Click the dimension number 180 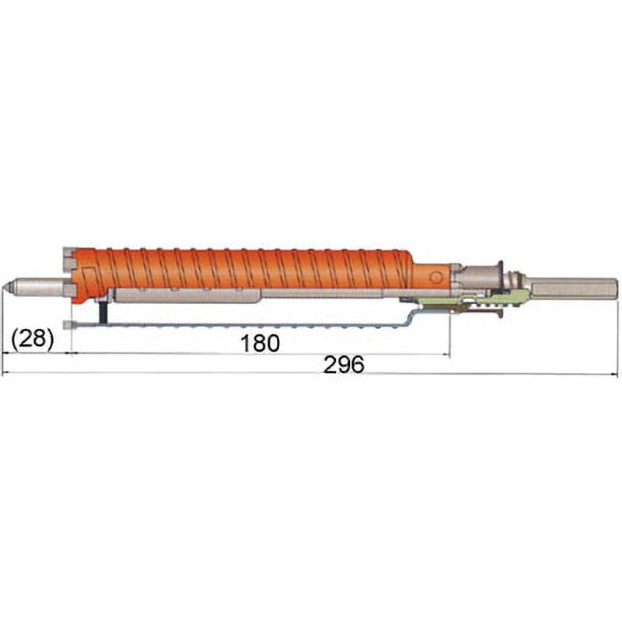coord(260,343)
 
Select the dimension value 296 coord(344,365)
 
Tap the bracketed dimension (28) coord(32,339)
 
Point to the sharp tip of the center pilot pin coord(2,288)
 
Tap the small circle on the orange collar coord(435,278)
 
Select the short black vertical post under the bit coord(103,313)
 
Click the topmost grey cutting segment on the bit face coord(69,252)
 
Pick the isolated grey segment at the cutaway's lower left coord(68,325)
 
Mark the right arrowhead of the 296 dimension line coord(615,374)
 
